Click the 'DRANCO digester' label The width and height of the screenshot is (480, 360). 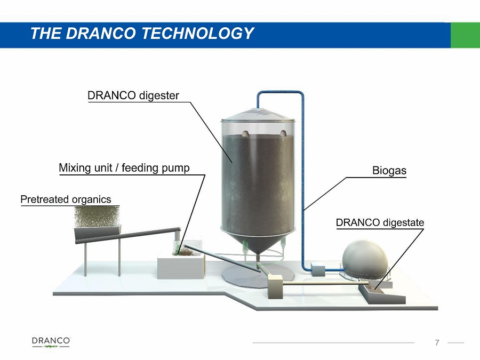[x=133, y=95]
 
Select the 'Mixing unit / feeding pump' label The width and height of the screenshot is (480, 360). [x=124, y=168]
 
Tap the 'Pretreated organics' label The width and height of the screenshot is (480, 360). [x=66, y=199]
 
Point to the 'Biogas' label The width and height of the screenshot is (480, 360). [x=389, y=170]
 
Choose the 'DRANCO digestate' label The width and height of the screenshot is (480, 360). [x=380, y=222]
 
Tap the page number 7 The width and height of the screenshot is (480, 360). [x=437, y=342]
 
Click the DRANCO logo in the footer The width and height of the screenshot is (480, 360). [x=51, y=342]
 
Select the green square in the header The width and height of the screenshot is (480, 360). [x=465, y=35]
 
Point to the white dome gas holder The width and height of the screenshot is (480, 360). [x=365, y=259]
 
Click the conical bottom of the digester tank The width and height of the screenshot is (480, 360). [x=258, y=242]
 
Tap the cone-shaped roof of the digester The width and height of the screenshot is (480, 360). [x=258, y=115]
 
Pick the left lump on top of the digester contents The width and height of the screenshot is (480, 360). [x=245, y=133]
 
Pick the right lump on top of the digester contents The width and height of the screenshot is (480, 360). [x=283, y=133]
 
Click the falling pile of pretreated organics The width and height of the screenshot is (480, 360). [x=97, y=217]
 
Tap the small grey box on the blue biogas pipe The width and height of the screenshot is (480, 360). [x=318, y=269]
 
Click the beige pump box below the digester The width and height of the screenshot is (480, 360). [x=275, y=286]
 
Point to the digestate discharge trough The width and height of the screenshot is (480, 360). [x=382, y=293]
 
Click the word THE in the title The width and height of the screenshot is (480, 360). [x=46, y=33]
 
